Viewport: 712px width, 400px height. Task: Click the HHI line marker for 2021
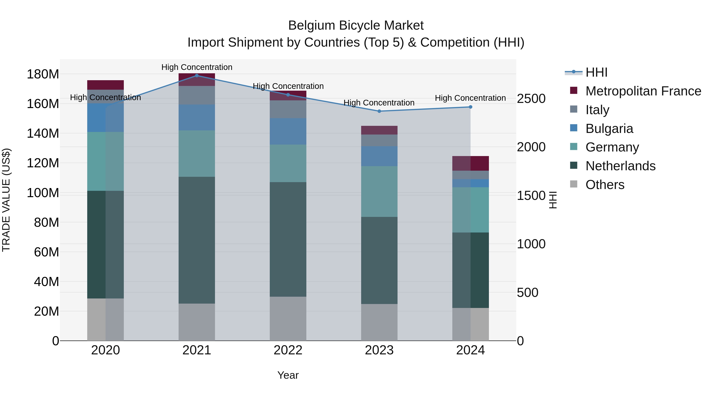[197, 75]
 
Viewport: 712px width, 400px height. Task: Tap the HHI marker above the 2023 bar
[379, 111]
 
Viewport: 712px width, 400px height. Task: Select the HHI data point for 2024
[471, 107]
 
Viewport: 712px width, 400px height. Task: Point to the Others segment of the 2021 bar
[197, 322]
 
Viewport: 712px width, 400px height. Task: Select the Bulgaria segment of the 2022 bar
[288, 131]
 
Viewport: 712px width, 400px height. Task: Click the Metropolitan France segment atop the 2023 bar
[379, 130]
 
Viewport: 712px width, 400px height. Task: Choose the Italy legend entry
[597, 110]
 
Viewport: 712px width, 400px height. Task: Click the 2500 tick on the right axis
[531, 99]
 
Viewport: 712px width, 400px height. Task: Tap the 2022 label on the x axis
[288, 350]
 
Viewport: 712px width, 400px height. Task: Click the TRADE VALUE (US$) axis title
[6, 200]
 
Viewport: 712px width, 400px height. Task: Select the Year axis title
[288, 375]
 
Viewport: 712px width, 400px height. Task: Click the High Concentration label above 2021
[197, 67]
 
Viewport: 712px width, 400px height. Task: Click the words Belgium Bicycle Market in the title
[356, 25]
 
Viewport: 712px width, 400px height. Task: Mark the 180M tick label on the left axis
[43, 74]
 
